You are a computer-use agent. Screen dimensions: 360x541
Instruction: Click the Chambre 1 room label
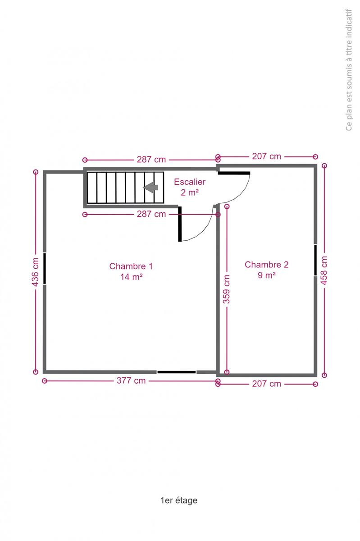click(x=131, y=266)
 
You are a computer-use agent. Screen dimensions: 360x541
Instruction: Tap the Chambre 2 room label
click(x=267, y=265)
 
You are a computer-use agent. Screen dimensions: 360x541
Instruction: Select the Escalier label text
click(x=190, y=182)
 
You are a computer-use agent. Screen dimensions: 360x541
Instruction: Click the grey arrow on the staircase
click(x=150, y=188)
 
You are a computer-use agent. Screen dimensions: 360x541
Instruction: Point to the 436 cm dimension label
click(x=35, y=272)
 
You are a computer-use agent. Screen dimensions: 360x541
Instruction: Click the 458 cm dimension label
click(x=324, y=270)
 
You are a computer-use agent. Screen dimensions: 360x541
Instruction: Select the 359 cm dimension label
click(x=227, y=289)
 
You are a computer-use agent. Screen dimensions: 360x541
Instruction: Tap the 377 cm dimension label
click(x=131, y=381)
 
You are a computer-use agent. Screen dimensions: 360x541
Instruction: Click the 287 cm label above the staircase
click(x=151, y=160)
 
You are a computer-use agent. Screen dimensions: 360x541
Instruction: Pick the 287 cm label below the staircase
click(x=151, y=214)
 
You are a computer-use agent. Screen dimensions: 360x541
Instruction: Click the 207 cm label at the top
click(x=267, y=156)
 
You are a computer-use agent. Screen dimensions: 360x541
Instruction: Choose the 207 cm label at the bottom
click(x=267, y=384)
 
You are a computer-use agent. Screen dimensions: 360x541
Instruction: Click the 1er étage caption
click(x=179, y=500)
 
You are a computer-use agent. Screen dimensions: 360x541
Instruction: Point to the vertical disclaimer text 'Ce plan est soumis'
click(x=349, y=70)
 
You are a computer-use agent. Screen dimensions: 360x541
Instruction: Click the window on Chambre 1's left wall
click(x=45, y=268)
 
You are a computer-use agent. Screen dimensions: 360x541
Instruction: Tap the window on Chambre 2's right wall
click(x=315, y=260)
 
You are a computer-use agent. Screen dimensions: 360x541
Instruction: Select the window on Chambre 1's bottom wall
click(x=177, y=372)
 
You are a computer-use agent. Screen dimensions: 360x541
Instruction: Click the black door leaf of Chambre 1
click(x=180, y=224)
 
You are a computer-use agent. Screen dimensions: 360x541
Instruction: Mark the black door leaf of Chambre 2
click(x=234, y=173)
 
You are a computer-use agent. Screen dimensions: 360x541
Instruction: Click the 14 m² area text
click(x=132, y=277)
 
